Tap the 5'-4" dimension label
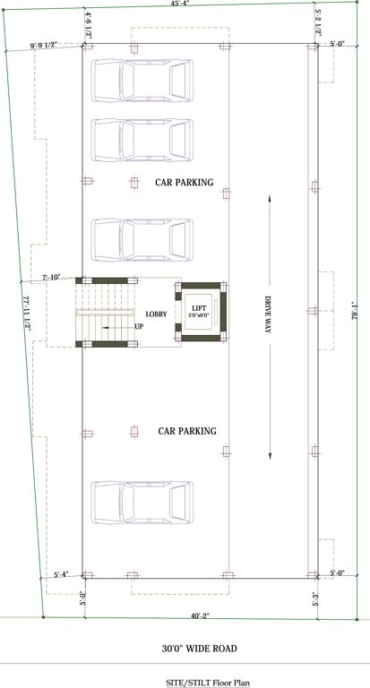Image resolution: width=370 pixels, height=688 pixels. click(x=62, y=573)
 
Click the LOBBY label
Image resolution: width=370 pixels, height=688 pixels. click(x=157, y=314)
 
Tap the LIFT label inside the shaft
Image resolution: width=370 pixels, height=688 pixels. click(x=199, y=307)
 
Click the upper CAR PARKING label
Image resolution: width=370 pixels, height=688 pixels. click(x=185, y=182)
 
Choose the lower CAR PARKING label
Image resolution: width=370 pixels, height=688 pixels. click(x=187, y=431)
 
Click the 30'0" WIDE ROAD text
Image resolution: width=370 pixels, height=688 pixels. click(x=185, y=648)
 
